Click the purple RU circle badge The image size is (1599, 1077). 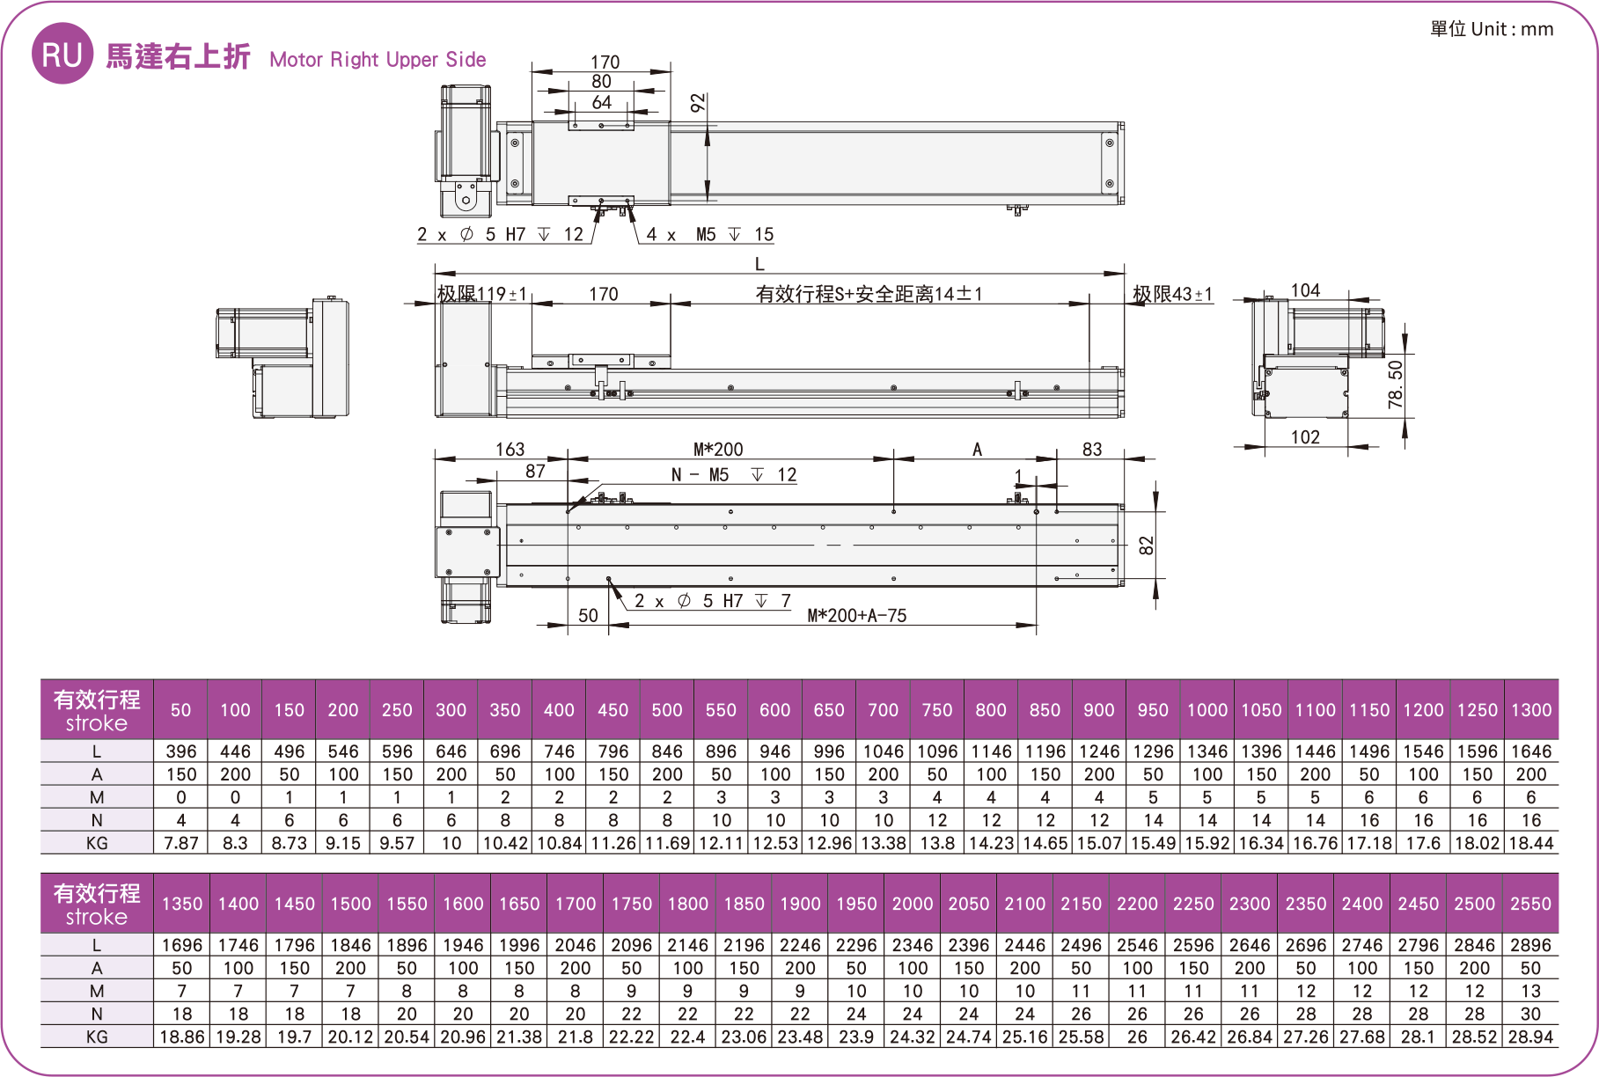62,54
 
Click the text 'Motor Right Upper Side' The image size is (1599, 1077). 378,60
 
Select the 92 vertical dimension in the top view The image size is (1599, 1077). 698,103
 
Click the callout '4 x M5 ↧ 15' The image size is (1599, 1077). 709,234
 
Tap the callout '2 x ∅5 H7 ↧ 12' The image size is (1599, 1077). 500,234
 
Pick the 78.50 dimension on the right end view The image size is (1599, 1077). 1396,385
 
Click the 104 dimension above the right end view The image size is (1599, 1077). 1305,290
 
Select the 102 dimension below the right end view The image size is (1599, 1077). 1305,437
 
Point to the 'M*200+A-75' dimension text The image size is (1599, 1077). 857,616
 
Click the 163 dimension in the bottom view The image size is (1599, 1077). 510,450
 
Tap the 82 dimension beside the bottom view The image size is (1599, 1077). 1146,546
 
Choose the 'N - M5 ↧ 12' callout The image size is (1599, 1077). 734,475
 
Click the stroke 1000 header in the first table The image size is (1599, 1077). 1207,710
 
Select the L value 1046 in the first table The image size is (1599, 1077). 883,751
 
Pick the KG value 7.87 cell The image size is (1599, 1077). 181,843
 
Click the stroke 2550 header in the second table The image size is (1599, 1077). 1531,904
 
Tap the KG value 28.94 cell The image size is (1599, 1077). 1531,1037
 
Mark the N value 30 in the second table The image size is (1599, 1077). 1531,1014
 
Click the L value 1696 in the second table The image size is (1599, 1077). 182,945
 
